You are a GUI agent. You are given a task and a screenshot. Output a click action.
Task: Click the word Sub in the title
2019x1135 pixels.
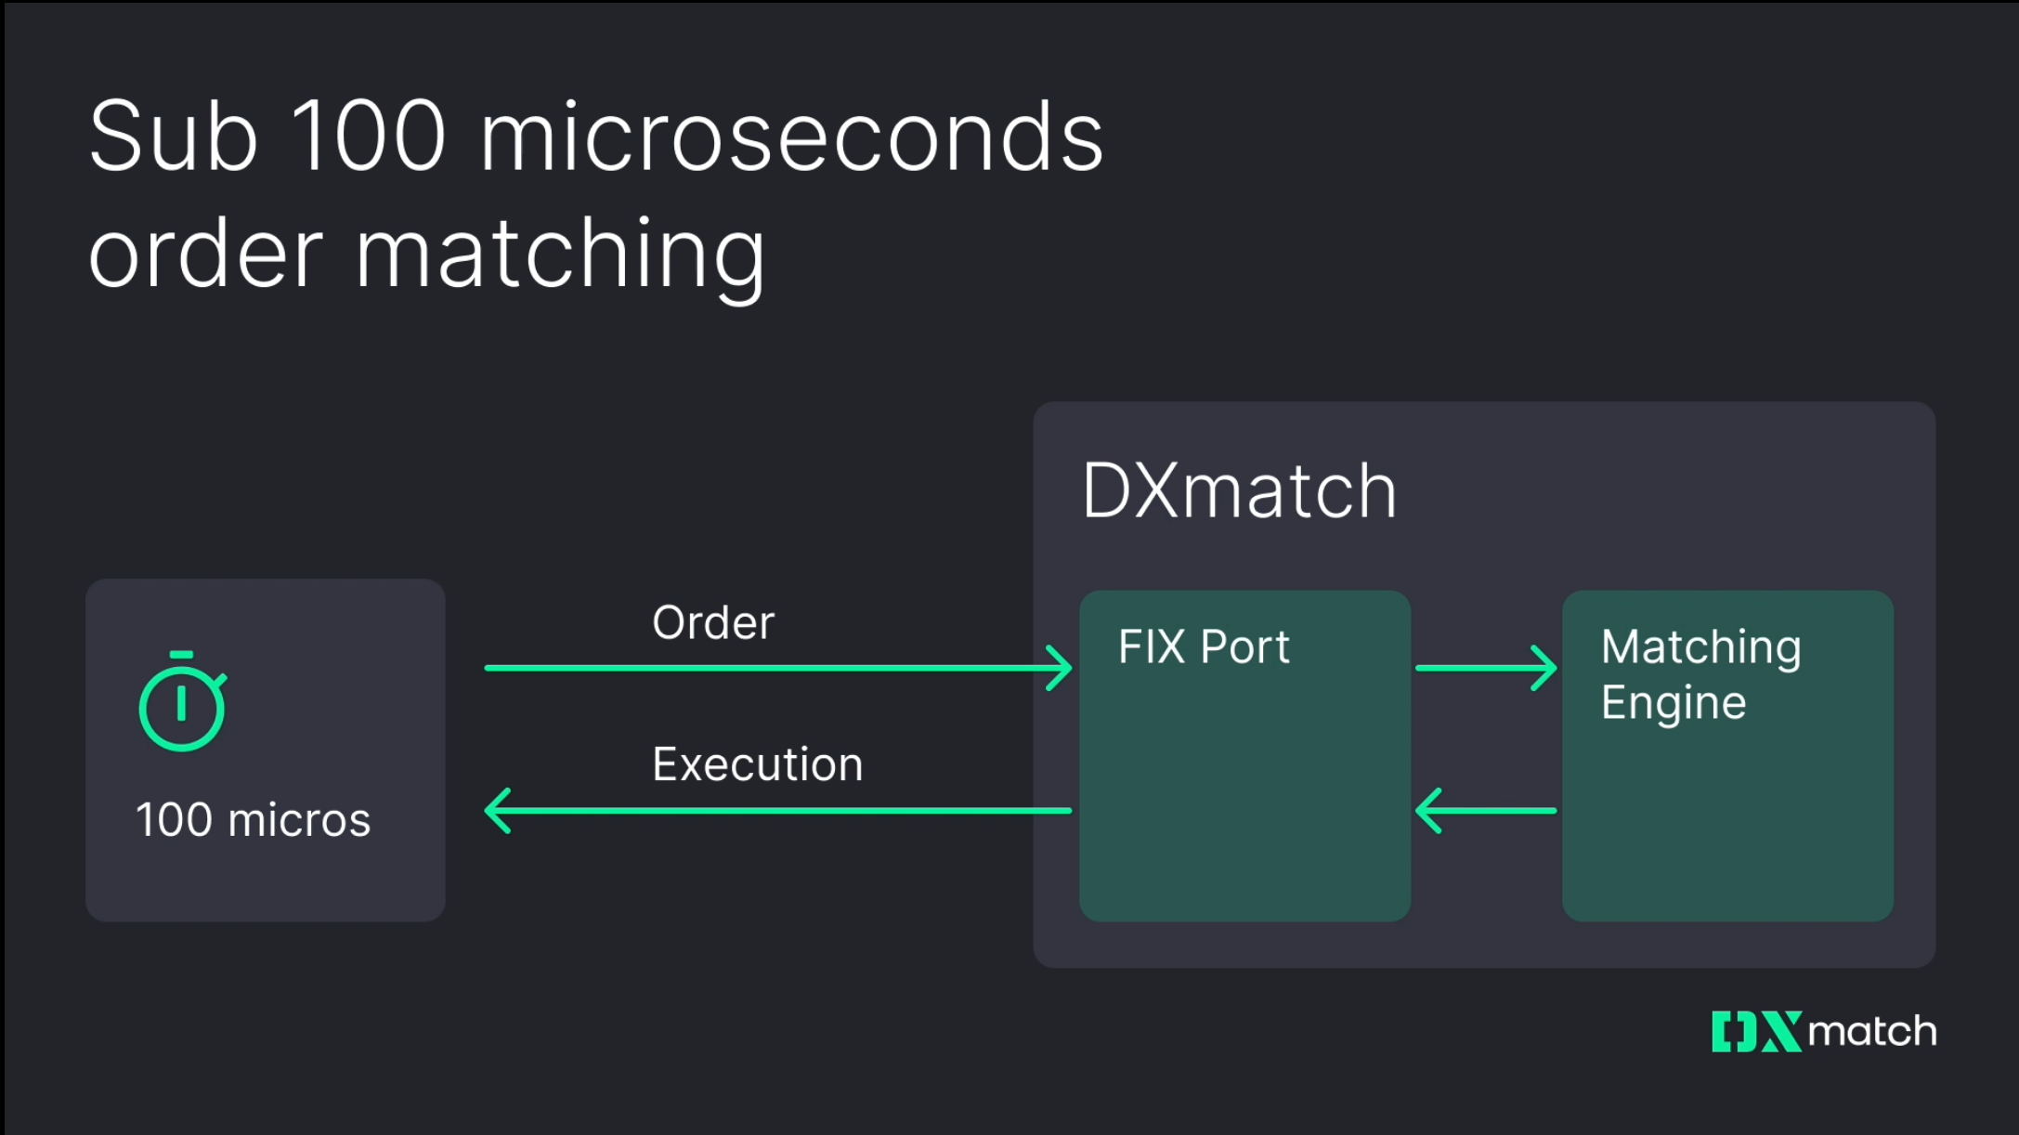[173, 137]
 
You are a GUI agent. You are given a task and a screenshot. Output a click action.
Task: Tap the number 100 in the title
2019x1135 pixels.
[369, 137]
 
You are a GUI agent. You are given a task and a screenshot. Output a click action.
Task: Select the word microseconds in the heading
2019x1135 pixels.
[791, 137]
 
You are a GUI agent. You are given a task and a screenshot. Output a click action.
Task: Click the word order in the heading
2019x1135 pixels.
[205, 254]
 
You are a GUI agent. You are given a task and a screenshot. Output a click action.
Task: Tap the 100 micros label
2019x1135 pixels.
[253, 820]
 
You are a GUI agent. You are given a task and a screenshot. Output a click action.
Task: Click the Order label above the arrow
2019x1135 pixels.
[712, 622]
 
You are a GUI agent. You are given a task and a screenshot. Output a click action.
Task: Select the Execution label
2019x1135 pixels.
[757, 764]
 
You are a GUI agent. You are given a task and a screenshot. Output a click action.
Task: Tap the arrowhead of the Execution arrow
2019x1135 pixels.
[498, 811]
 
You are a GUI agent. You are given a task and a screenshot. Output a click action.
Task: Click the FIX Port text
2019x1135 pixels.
[1204, 646]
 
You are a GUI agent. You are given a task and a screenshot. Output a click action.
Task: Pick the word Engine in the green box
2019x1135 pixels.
[1673, 702]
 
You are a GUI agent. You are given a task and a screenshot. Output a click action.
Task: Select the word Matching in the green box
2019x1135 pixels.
[1700, 646]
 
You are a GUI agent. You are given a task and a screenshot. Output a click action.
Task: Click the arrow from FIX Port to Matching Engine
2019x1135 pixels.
[1486, 668]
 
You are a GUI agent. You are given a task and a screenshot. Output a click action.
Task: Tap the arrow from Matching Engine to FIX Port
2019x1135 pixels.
[1485, 811]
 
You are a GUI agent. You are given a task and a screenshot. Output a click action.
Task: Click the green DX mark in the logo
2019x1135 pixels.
[1755, 1032]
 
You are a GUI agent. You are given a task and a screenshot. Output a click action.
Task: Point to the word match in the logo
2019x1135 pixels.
[1871, 1032]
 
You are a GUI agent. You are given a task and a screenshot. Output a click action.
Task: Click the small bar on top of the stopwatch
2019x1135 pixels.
[182, 655]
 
